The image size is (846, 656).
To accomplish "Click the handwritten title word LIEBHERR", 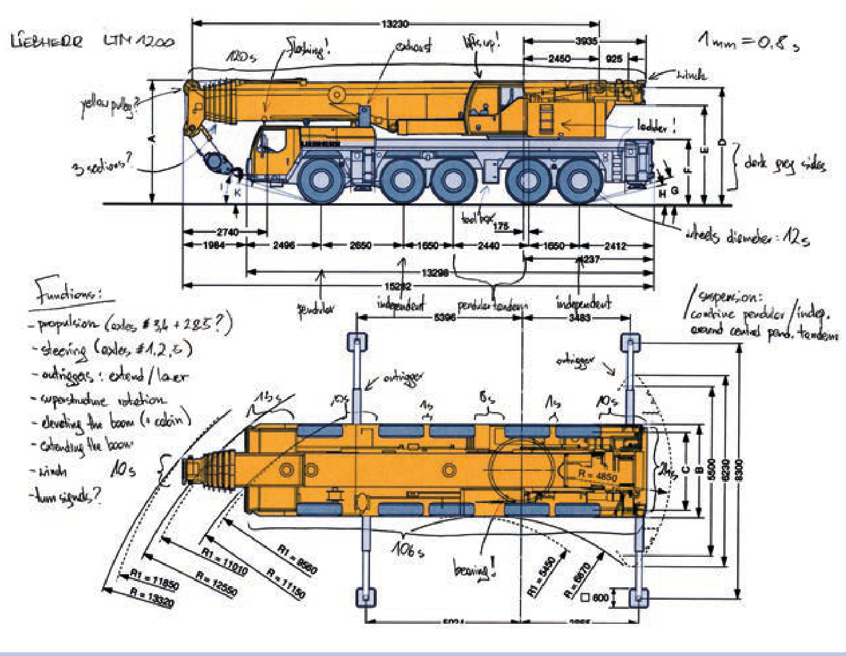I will point(46,42).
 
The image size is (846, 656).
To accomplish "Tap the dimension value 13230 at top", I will point(394,24).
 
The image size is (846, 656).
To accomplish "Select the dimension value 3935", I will point(586,42).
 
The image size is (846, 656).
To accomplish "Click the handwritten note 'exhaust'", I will point(414,46).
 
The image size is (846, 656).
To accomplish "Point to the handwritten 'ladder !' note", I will point(656,126).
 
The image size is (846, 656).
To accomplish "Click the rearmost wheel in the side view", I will point(578,180).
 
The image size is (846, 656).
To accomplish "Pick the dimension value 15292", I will point(398,286).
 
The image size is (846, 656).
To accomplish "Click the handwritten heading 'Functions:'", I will point(67,291).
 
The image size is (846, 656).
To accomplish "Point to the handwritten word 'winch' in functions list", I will point(52,471).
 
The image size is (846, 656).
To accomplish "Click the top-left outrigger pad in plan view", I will point(357,341).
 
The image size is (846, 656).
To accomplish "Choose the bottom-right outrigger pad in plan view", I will point(639,598).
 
